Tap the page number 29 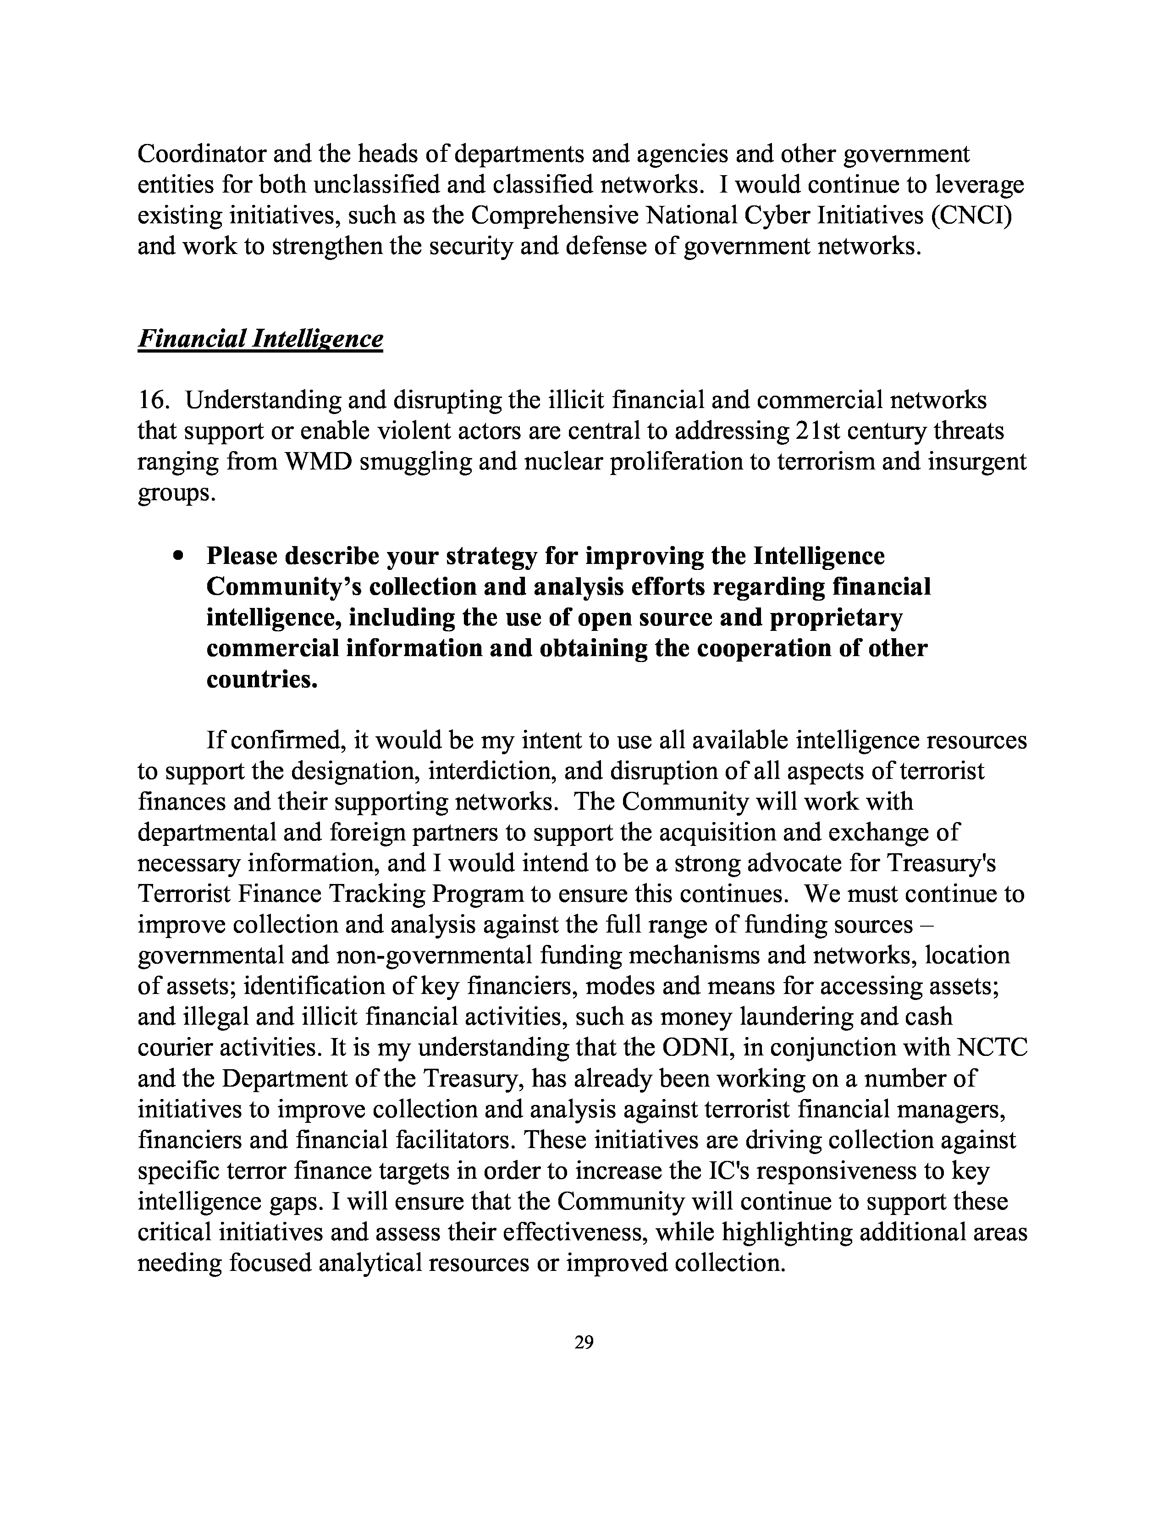tap(584, 1342)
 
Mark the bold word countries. tap(262, 679)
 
